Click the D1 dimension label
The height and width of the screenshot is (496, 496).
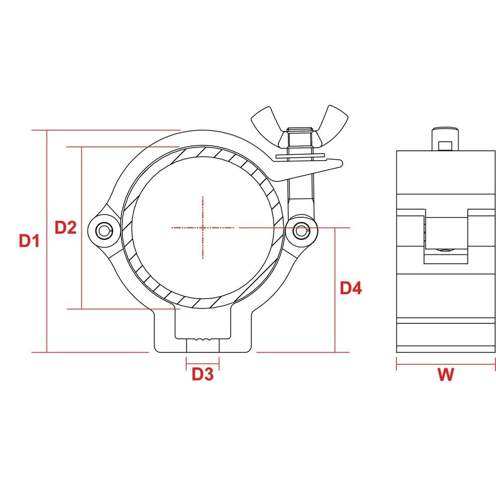29,242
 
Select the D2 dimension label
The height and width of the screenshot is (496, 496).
65,228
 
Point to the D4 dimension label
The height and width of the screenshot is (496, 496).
351,288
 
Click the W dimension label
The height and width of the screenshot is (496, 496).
445,374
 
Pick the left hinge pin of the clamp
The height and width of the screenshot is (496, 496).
103,230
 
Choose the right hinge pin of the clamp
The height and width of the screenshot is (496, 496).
301,230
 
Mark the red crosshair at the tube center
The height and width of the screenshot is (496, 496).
203,228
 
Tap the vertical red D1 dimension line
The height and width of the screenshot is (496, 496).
47,298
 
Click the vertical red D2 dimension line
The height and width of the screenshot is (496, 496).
81,268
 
